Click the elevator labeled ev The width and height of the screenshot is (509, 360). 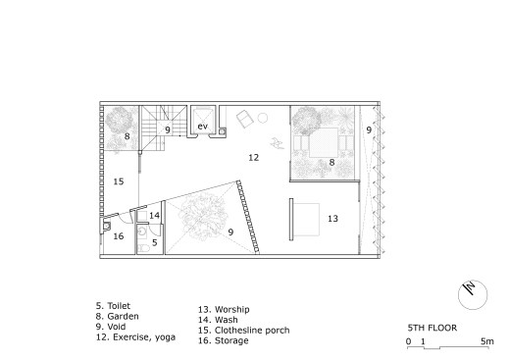coord(203,122)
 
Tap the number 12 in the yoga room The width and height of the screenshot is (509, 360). coord(253,158)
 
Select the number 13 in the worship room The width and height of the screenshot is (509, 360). coord(332,219)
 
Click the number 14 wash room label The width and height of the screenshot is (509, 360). coord(154,215)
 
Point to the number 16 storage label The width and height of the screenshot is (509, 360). coord(119,235)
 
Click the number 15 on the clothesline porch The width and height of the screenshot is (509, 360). coord(119,181)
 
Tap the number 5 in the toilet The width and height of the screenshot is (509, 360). coord(155,242)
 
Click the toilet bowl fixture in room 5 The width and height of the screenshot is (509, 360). coord(143,248)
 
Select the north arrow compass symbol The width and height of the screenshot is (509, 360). coord(473,294)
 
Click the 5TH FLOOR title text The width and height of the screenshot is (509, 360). coord(433,328)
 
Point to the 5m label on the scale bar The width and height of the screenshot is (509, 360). coord(487,341)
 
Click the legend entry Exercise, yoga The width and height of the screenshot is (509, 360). coord(144,337)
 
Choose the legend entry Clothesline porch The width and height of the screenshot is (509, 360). coord(252,331)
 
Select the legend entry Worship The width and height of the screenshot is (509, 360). coord(232,309)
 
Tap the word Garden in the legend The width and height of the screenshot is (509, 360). coord(123,316)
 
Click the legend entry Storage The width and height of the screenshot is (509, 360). coord(231,340)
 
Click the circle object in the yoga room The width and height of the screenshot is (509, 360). coord(263,118)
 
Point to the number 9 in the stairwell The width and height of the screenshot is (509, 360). coord(168,130)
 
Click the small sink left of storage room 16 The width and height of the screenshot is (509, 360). coord(107,226)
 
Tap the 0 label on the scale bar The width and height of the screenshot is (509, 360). coord(409,341)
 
